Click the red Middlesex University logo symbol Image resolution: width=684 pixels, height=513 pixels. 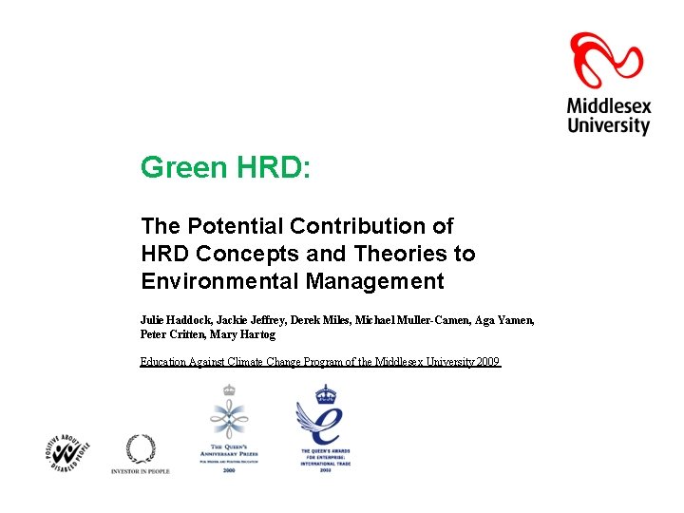point(608,60)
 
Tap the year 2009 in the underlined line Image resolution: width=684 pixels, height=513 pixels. point(486,362)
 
